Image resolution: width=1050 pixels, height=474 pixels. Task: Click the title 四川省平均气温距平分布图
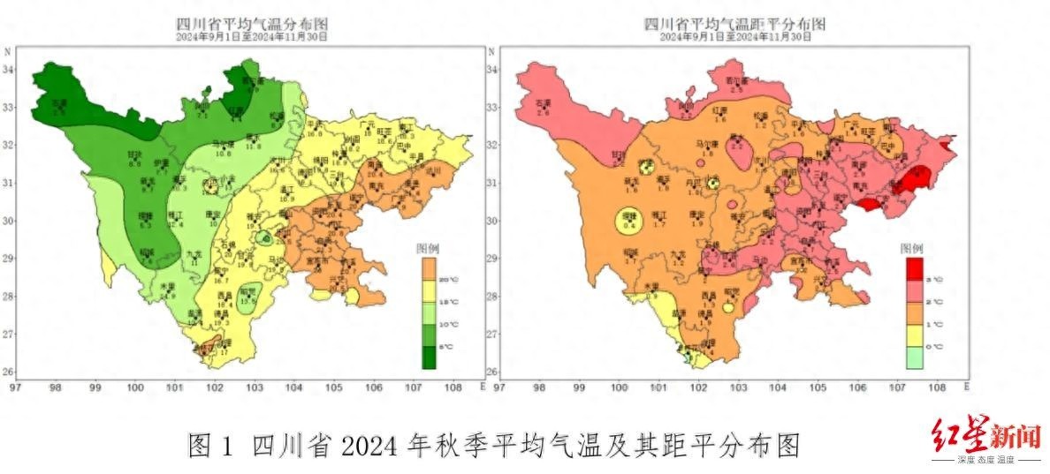pos(734,23)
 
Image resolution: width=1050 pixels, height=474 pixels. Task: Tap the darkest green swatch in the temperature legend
pos(429,357)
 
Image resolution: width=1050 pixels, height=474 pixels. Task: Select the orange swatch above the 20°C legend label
pos(429,267)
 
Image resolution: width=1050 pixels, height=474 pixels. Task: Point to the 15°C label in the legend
pos(451,303)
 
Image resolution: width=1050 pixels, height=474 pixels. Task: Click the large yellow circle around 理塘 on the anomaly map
pos(629,224)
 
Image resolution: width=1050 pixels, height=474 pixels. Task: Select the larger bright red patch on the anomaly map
pos(910,181)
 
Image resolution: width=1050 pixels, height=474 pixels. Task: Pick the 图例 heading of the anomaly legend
pos(911,248)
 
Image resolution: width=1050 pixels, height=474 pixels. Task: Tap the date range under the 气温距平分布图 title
pos(734,37)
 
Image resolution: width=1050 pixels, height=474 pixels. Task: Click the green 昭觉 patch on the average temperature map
pos(251,297)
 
